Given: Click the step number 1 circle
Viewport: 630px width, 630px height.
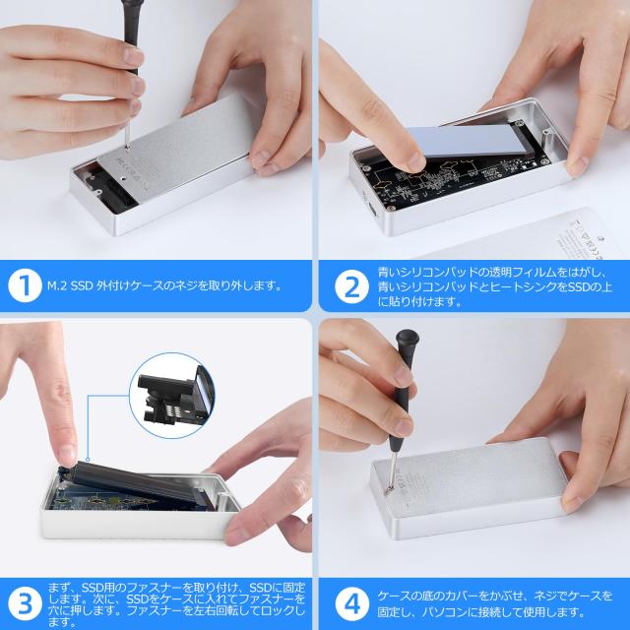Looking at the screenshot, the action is click(x=25, y=285).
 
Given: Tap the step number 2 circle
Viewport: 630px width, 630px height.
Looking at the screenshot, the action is click(x=352, y=286).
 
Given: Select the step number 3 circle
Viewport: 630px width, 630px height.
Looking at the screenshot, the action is click(x=25, y=603).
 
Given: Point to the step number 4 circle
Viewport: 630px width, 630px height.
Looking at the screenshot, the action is click(x=352, y=603).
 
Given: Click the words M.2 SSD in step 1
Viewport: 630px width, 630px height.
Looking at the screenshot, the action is click(x=70, y=285).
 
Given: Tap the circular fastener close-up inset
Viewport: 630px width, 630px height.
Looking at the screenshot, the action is click(x=172, y=396).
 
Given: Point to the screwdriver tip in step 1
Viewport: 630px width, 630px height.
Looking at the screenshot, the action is click(x=127, y=148).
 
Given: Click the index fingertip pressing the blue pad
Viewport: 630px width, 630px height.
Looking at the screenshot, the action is click(x=413, y=161).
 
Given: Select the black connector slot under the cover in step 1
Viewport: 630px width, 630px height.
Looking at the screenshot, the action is click(x=109, y=189).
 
